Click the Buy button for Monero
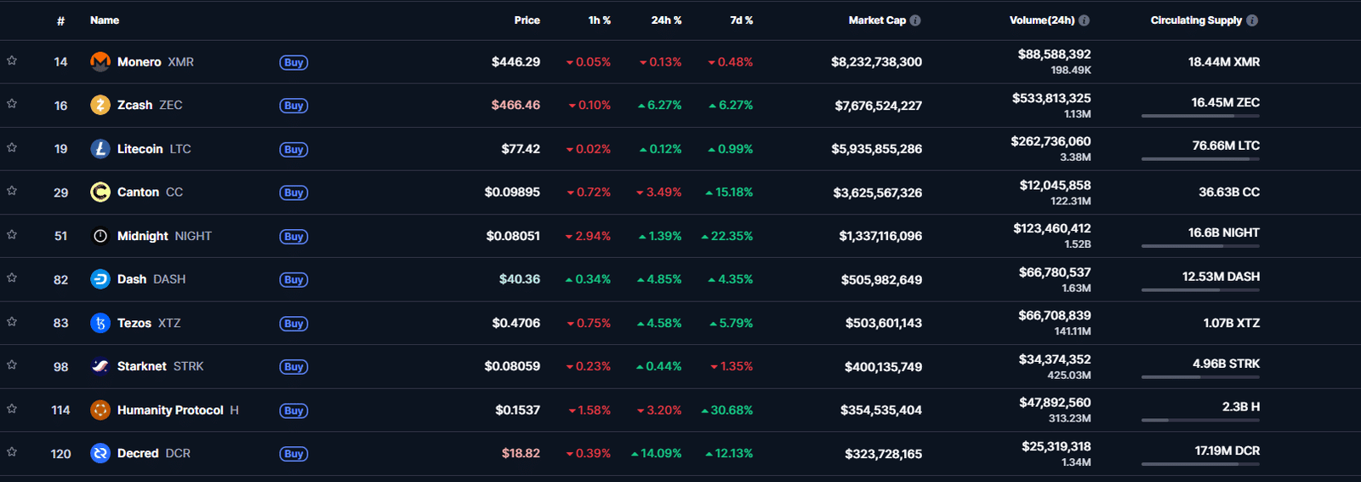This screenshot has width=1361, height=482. (x=293, y=62)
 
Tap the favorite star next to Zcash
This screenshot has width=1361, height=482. (x=12, y=104)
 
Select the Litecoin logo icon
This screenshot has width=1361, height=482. (x=100, y=148)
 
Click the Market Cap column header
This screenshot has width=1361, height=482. (x=877, y=20)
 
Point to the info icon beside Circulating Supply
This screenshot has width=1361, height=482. (x=1251, y=20)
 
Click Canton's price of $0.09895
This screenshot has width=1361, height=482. (x=512, y=192)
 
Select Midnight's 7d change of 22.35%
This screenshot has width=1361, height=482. (x=726, y=236)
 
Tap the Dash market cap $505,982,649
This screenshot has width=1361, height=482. (x=881, y=280)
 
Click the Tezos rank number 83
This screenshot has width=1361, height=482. (x=60, y=323)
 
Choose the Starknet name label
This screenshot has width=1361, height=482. (x=141, y=366)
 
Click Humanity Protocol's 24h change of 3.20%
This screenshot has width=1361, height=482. (x=658, y=410)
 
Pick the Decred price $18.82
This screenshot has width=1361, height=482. (x=521, y=453)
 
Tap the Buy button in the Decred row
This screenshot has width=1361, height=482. (x=293, y=453)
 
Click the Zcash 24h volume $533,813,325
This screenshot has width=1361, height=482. (x=1051, y=98)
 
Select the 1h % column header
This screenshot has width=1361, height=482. (x=599, y=20)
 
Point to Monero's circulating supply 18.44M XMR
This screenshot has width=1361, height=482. (x=1224, y=62)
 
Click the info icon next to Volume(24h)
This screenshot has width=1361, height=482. (x=1084, y=20)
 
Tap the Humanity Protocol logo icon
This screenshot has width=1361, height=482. (x=100, y=410)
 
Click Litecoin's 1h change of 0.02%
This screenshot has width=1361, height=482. (x=588, y=149)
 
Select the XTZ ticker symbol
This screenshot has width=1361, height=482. (x=169, y=323)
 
